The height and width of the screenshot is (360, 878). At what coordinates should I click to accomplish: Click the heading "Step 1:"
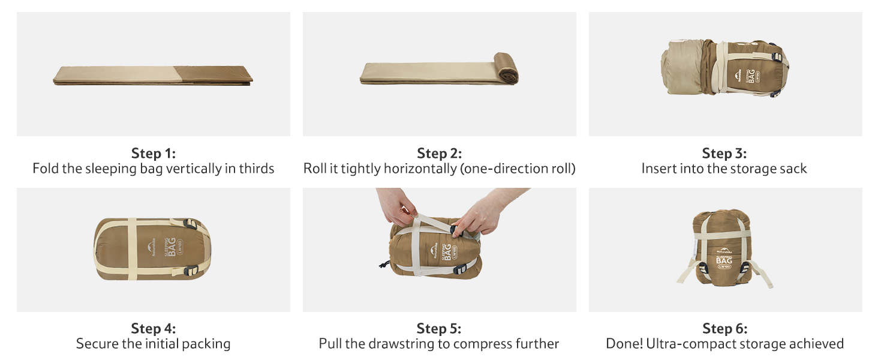tap(154, 154)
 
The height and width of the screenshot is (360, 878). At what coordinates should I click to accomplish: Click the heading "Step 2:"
tap(440, 154)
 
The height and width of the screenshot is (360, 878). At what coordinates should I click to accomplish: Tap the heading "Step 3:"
tap(724, 154)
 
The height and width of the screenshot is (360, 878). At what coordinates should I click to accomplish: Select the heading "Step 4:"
tap(154, 329)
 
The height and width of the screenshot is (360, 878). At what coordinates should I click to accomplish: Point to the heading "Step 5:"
tap(439, 329)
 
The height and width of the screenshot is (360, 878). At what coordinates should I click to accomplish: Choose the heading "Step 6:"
tap(724, 329)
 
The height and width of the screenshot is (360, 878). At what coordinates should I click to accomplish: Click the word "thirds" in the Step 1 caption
tap(257, 169)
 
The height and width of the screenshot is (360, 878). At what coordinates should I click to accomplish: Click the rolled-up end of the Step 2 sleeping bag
tap(506, 68)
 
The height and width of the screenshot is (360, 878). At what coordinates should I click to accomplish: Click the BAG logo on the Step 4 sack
tap(172, 247)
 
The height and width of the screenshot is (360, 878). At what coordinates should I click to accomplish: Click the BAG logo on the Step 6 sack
tap(724, 261)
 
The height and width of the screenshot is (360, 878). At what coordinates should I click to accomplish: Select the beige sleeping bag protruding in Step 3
tap(682, 67)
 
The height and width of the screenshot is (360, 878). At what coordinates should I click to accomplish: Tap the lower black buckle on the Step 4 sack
tap(191, 270)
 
